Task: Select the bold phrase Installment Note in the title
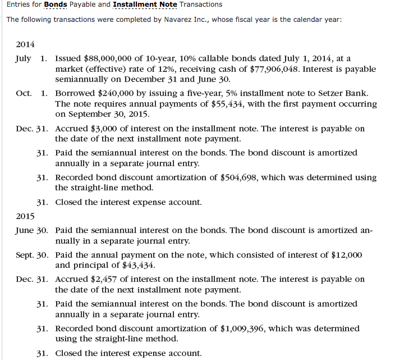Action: tap(144, 4)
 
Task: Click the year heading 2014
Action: tap(25, 44)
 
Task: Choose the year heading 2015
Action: tap(25, 216)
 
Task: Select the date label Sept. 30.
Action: tap(31, 255)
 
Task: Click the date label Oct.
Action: tap(24, 93)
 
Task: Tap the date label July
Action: tap(24, 58)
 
